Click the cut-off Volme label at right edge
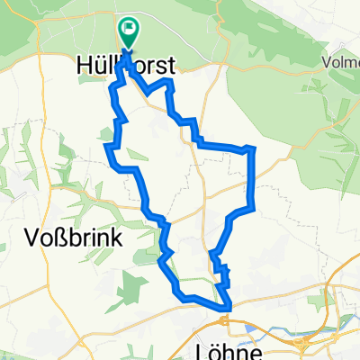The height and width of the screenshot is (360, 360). click(x=341, y=64)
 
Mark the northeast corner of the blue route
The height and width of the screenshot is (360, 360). click(x=255, y=147)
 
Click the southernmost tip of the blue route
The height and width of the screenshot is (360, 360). click(x=227, y=310)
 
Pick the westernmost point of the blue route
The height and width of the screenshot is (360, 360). click(x=107, y=147)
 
